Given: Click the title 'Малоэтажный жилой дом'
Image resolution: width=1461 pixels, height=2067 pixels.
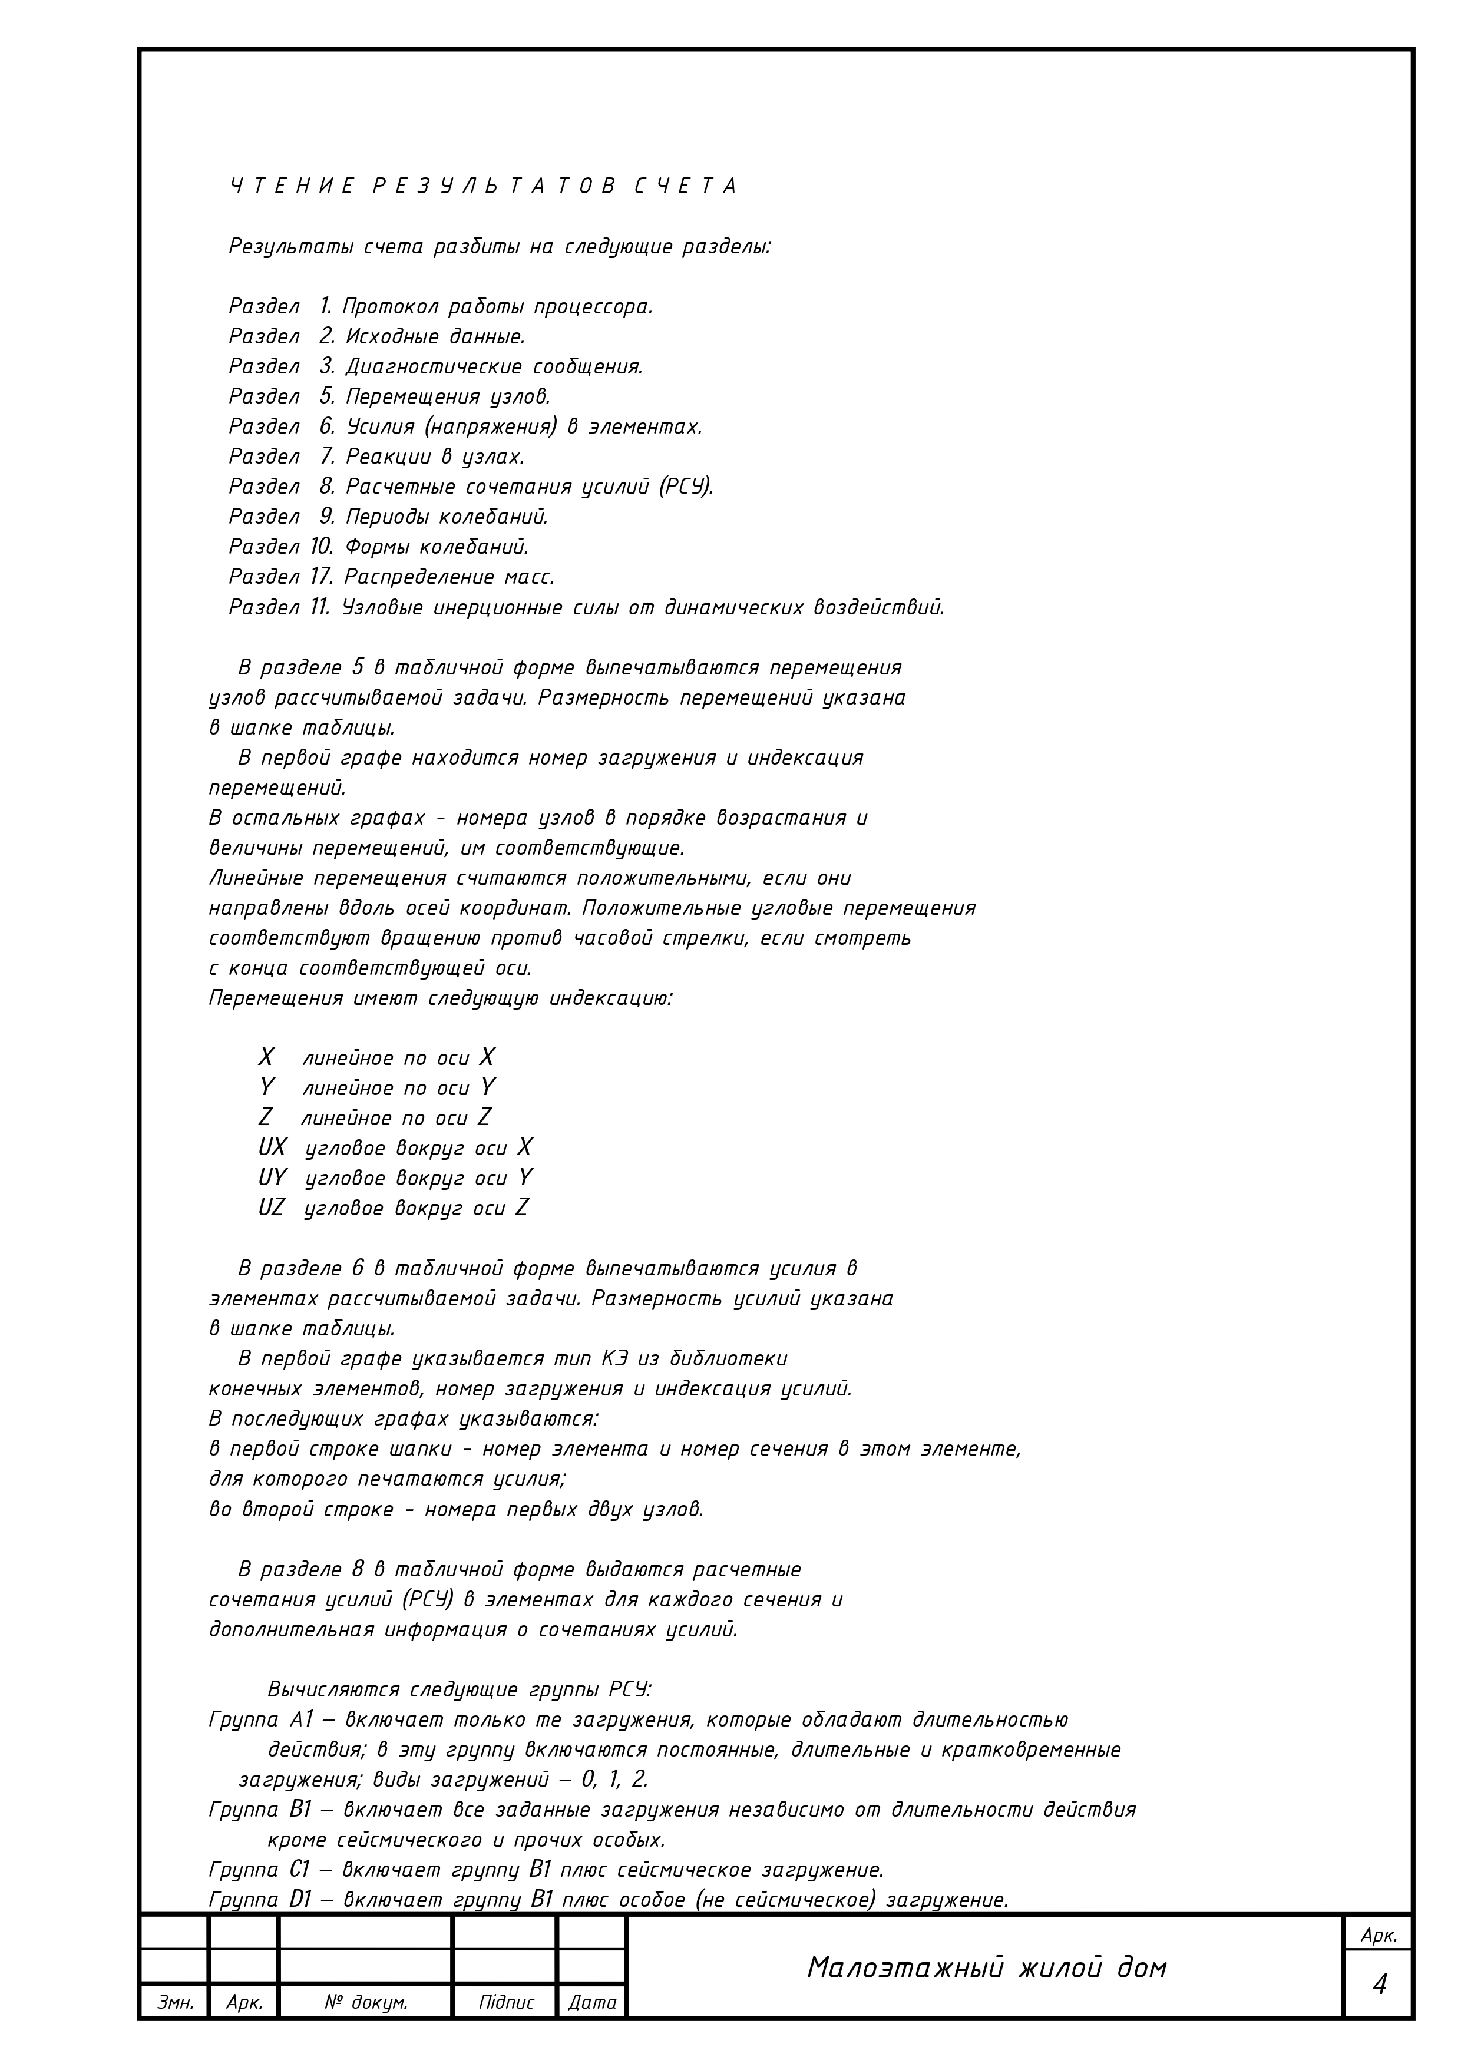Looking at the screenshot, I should click(x=986, y=1968).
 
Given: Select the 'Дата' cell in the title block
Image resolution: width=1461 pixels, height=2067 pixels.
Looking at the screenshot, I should click(x=592, y=2002).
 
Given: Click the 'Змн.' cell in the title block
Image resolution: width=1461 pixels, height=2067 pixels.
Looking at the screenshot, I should click(x=174, y=2002).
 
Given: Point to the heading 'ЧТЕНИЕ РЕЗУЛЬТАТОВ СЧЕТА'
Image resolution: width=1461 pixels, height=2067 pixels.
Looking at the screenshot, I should click(x=484, y=186).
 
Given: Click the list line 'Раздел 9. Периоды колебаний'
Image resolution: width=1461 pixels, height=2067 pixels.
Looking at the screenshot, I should click(x=388, y=517).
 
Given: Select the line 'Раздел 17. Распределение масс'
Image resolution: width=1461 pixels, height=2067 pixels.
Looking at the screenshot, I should click(x=392, y=576).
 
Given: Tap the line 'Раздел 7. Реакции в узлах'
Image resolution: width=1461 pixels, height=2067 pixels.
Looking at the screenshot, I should click(x=376, y=457).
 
